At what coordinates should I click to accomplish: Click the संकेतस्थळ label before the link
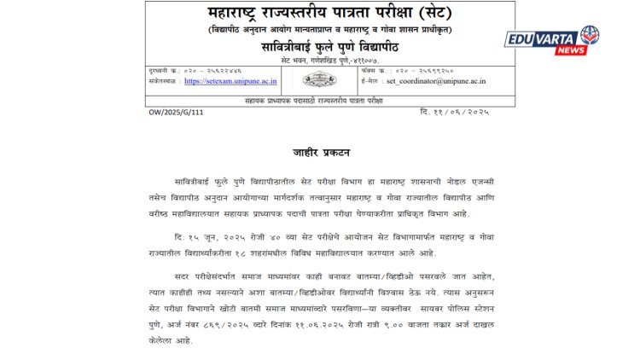pyautogui.click(x=166, y=81)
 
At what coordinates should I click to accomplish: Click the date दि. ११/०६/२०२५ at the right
pyautogui.click(x=455, y=112)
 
